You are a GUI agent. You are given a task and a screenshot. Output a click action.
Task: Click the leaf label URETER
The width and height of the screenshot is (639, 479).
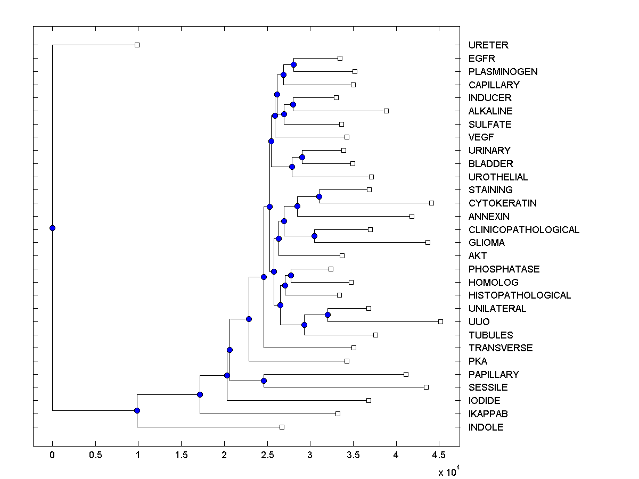[x=488, y=45]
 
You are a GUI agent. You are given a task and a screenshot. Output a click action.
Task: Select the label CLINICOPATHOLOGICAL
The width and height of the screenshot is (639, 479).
[x=524, y=230]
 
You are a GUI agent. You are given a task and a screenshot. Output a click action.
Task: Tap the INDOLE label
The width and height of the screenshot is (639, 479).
[x=486, y=427]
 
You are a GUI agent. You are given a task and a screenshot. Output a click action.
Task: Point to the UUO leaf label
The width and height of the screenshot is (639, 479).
[x=479, y=322]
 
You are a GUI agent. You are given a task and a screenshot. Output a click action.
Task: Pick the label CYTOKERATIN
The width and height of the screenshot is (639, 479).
[x=503, y=203]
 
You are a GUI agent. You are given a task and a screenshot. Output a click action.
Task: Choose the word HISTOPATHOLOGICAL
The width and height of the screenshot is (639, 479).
[x=520, y=295]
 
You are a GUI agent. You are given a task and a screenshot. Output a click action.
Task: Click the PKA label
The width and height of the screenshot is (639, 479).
[x=478, y=361]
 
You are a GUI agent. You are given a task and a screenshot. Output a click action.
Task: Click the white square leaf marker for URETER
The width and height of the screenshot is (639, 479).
[x=137, y=45]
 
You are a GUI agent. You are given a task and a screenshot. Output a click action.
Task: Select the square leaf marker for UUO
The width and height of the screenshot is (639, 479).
[x=440, y=321]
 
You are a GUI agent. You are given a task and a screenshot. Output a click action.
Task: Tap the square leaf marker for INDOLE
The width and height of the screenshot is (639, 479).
[x=282, y=427]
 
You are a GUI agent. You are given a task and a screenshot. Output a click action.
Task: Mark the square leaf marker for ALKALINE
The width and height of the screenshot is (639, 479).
[x=386, y=111]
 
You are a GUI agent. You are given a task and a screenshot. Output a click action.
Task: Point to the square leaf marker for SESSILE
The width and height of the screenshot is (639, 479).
[x=426, y=387]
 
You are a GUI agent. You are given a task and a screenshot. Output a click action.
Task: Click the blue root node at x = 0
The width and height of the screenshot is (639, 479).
[x=52, y=228]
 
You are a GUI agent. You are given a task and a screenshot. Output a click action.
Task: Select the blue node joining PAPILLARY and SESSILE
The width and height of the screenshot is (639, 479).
[x=264, y=381]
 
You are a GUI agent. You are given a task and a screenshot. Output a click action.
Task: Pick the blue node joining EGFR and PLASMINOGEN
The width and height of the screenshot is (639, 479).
[x=293, y=64]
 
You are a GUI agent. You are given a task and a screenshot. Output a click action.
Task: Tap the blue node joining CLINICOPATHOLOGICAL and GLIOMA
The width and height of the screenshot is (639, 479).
[x=314, y=236]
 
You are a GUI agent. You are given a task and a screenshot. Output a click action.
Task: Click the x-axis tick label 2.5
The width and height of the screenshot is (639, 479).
[x=267, y=456]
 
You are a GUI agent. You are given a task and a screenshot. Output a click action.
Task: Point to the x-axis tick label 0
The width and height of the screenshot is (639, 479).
[x=52, y=456]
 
